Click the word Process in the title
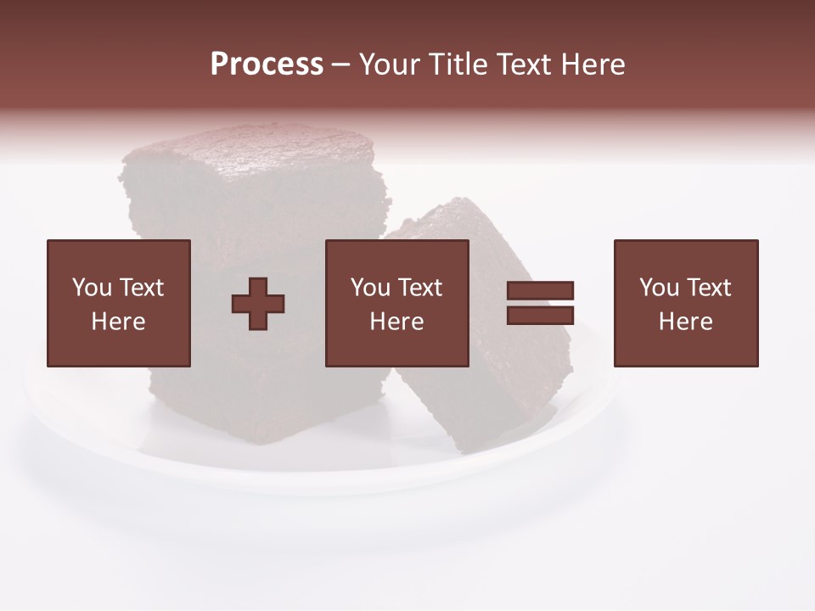[267, 64]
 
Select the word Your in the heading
[390, 64]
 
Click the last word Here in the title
[593, 64]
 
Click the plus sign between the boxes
[258, 304]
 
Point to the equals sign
[540, 303]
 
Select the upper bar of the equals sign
[540, 291]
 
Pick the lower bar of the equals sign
[540, 316]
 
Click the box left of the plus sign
[119, 303]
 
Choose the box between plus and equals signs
[396, 303]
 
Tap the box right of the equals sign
[686, 303]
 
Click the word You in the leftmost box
[92, 288]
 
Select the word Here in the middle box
[396, 322]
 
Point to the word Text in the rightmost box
[708, 288]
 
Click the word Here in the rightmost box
[686, 322]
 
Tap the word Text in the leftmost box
[141, 288]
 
